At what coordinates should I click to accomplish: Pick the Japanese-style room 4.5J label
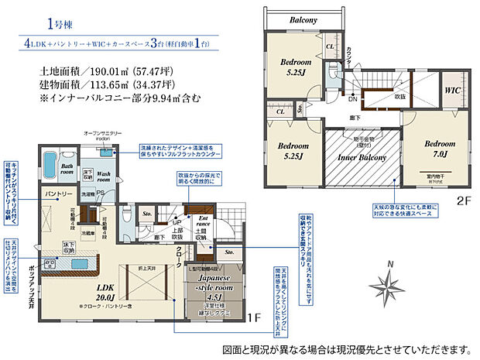click(x=214, y=290)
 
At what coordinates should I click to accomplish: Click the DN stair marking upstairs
click(x=351, y=99)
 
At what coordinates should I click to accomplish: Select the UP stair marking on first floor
click(x=177, y=211)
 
